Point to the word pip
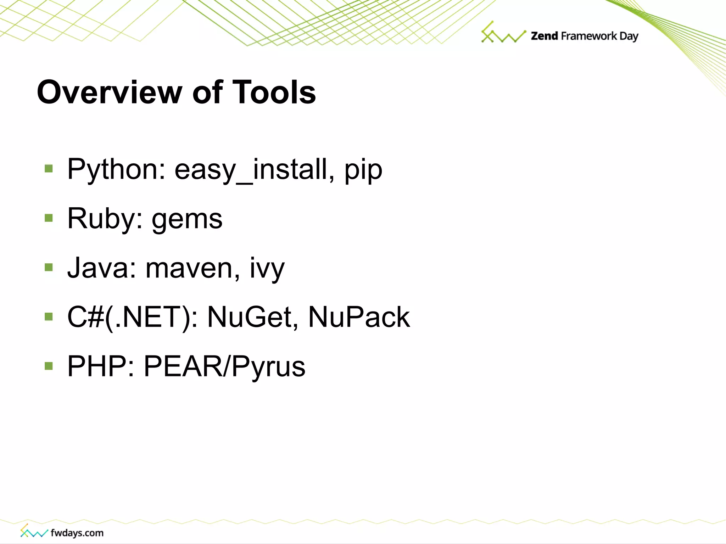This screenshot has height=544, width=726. click(x=363, y=170)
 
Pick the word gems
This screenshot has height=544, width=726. click(x=187, y=220)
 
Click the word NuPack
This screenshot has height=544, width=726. click(x=359, y=317)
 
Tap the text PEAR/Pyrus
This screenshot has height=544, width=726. click(x=224, y=366)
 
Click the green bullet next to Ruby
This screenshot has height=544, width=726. click(x=49, y=218)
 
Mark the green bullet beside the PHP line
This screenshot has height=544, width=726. click(x=49, y=365)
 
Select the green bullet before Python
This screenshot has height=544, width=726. click(x=49, y=168)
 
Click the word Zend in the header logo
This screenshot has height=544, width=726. click(x=544, y=36)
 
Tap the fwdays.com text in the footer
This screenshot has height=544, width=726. click(x=77, y=533)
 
